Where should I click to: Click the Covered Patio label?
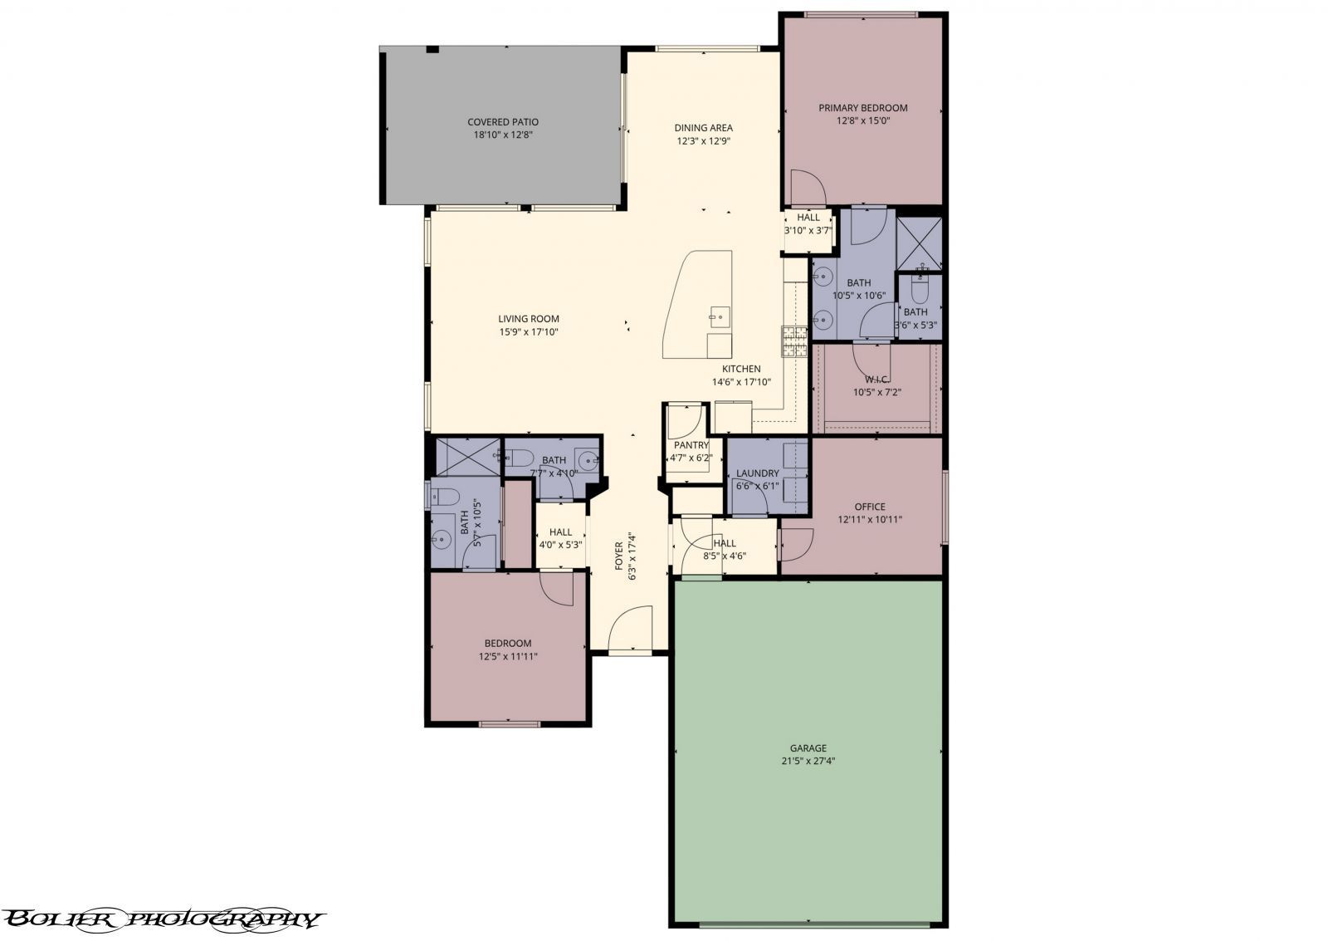coord(502,122)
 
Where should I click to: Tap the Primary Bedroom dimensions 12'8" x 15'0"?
coord(863,120)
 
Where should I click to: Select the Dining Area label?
coord(703,128)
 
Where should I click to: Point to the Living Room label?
coord(529,319)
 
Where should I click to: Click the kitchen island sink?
coord(718,316)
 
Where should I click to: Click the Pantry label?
coord(691,445)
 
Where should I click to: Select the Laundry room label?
coord(757,473)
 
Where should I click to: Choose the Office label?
coord(870,507)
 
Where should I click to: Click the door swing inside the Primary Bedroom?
coord(807,188)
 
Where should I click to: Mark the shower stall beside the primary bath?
coord(920,242)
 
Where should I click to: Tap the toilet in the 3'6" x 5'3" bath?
coord(919,290)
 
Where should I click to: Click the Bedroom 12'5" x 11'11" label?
coord(508,644)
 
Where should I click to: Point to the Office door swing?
coord(795,544)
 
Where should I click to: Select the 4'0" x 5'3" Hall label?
coord(560,532)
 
